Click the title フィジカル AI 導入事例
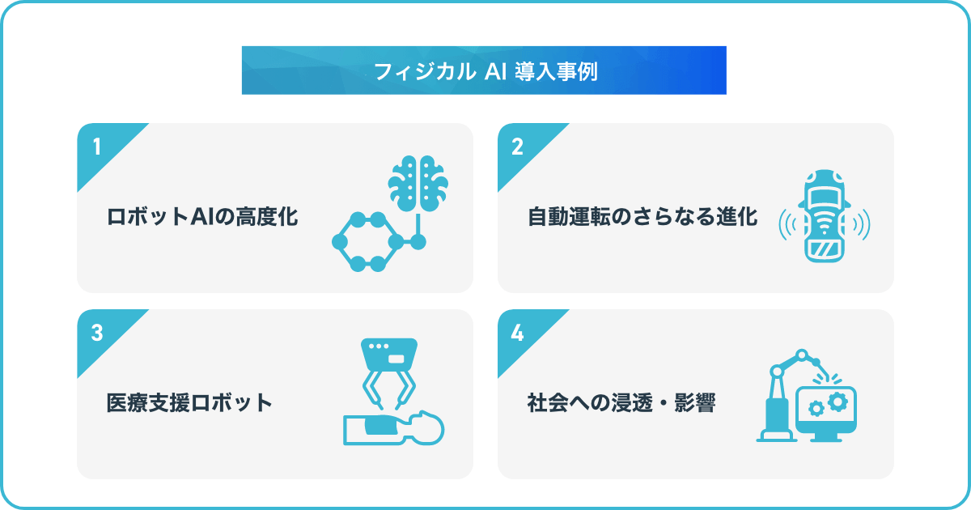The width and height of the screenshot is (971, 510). [x=485, y=71]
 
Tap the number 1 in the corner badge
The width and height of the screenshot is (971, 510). [x=97, y=147]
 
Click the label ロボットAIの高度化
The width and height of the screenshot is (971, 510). [x=202, y=217]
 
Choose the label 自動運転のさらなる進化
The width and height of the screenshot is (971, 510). [x=642, y=217]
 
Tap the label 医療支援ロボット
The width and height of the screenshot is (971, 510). [x=189, y=403]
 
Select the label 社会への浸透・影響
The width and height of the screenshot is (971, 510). [x=621, y=403]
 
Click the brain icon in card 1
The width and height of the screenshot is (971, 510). [x=418, y=184]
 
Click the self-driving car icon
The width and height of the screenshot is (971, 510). [x=825, y=216]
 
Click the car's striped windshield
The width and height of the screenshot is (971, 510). [x=825, y=249]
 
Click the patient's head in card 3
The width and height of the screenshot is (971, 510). [x=427, y=427]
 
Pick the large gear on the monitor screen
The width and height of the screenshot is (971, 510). [x=837, y=402]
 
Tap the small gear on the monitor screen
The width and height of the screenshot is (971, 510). [x=816, y=409]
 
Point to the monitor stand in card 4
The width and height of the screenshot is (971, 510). [x=826, y=437]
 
